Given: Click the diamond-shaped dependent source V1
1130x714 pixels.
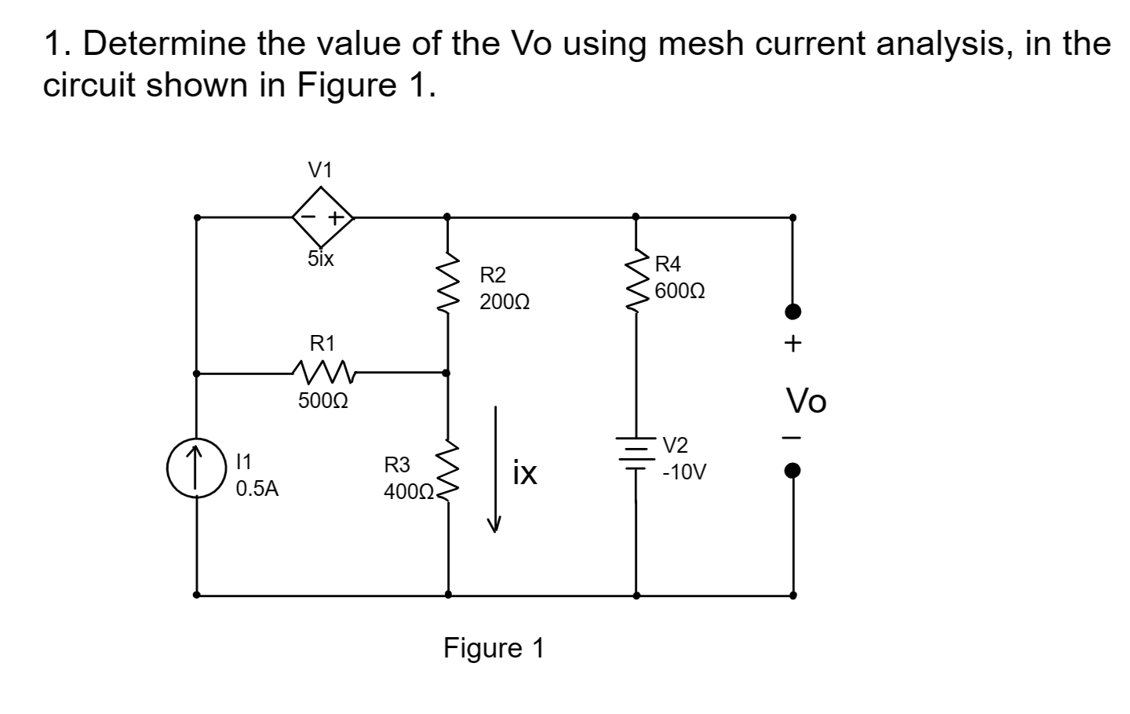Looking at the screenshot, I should coord(323,217).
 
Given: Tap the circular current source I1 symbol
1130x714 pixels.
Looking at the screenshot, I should coord(195,468).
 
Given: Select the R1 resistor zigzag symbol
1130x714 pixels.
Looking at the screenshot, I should coord(323,370).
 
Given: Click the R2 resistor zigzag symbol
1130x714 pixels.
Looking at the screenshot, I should coord(447,282).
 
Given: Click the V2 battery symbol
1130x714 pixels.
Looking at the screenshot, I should coord(636,453).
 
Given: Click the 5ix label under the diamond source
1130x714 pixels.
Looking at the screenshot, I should coord(320,258).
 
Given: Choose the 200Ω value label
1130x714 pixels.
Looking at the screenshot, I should coord(505,302).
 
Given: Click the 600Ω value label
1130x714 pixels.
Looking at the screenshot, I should coord(680,291).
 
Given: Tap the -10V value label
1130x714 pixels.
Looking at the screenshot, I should coord(684,473).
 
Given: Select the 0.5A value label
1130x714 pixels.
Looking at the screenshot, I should coord(257,489).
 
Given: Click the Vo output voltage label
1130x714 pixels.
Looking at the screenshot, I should coord(807,402).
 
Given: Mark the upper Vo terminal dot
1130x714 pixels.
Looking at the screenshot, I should coord(793,312).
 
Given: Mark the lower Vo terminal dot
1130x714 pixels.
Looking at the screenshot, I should coord(793,472).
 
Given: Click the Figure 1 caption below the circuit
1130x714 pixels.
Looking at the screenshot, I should coord(494,648).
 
